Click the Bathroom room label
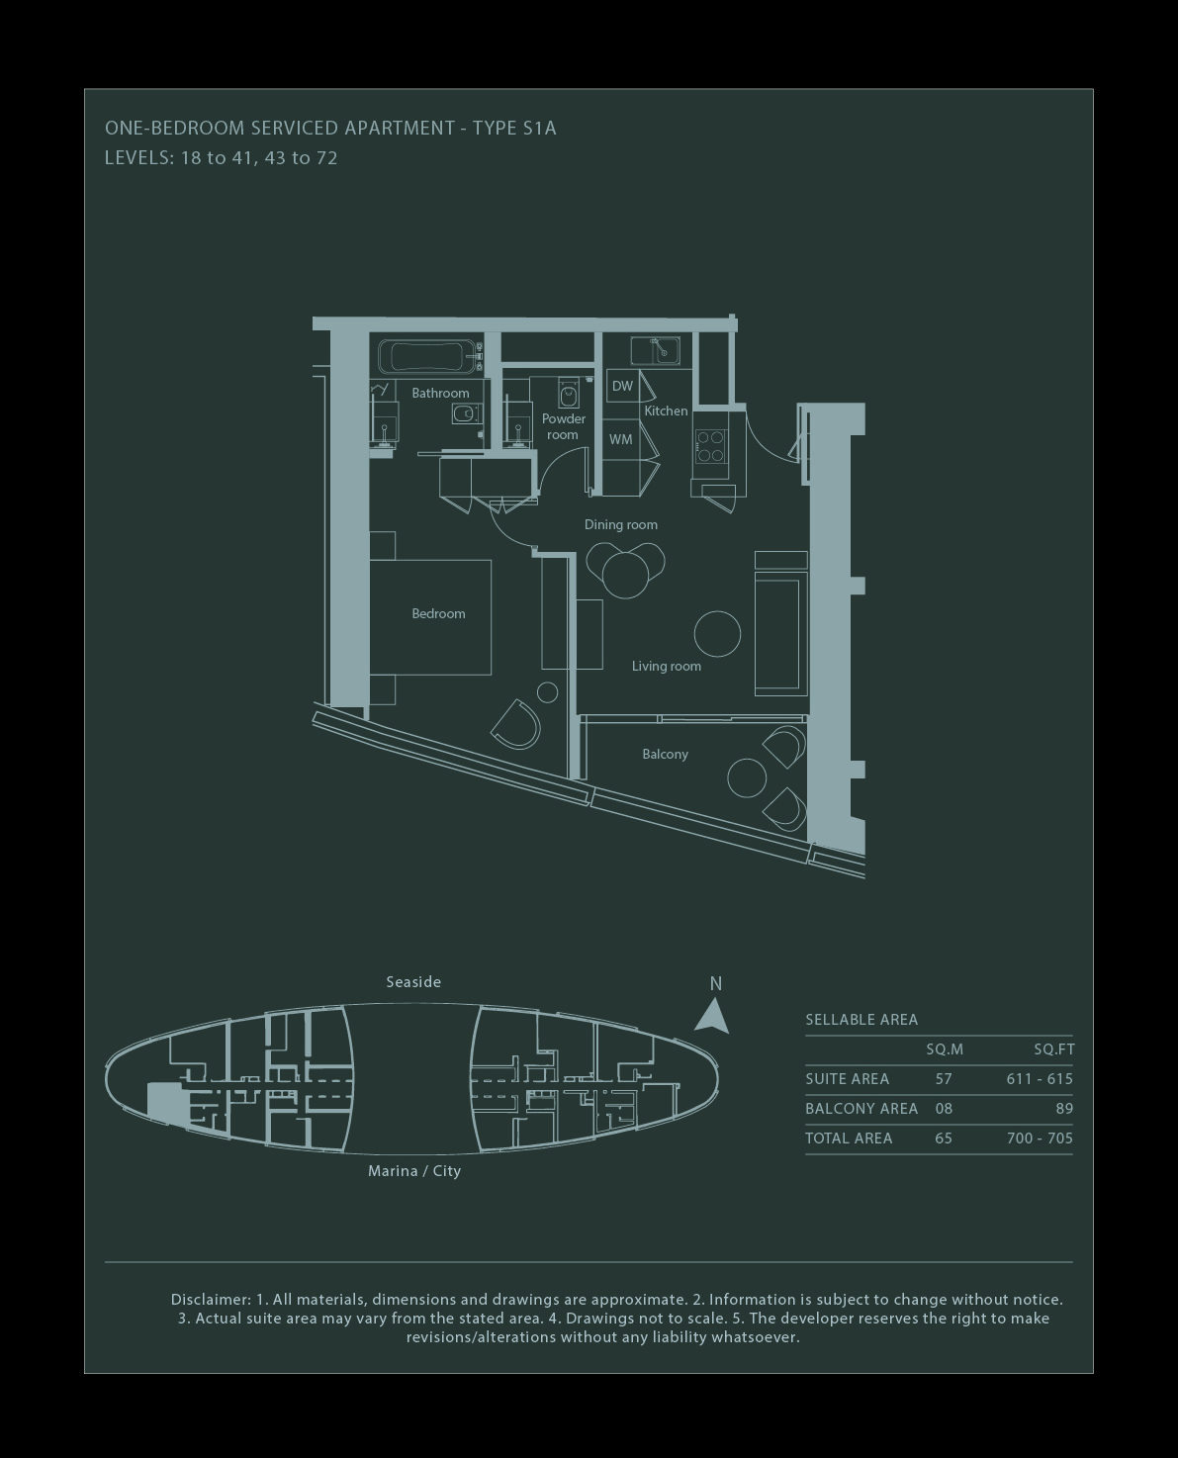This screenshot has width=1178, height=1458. click(440, 393)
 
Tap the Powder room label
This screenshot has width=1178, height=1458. click(564, 426)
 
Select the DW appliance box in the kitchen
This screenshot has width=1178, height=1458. click(622, 386)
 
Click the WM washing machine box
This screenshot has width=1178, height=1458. click(621, 439)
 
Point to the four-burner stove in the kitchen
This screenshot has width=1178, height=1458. click(710, 446)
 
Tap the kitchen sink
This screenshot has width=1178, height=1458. click(655, 350)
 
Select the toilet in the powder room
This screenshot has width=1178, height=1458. click(569, 393)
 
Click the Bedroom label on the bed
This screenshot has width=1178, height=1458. click(438, 614)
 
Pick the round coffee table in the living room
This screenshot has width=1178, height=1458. click(717, 634)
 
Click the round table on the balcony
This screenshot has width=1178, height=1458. click(747, 777)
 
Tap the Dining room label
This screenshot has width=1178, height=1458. click(621, 525)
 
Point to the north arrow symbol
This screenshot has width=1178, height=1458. click(712, 1015)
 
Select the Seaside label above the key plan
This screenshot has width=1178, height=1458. click(413, 982)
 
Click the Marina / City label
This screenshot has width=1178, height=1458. click(414, 1171)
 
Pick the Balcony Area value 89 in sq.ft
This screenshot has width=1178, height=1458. click(1063, 1109)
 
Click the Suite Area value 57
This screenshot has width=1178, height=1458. click(944, 1079)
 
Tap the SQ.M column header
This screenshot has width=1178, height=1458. click(945, 1050)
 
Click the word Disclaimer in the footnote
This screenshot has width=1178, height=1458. click(211, 1299)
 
